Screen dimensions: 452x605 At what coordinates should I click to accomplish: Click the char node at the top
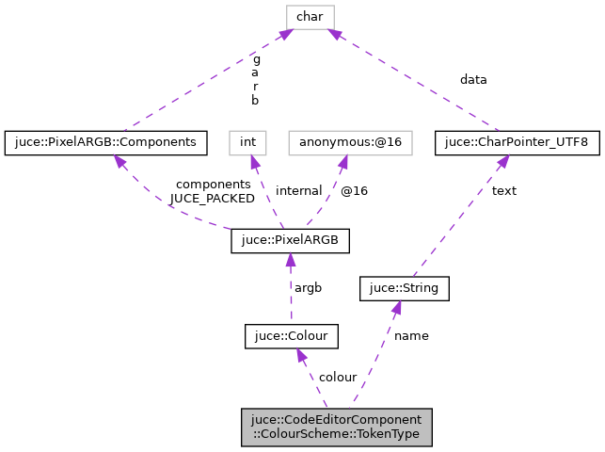pos(311,16)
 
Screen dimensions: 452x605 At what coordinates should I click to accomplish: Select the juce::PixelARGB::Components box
pos(106,142)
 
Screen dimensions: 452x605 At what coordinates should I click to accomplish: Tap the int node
pos(248,142)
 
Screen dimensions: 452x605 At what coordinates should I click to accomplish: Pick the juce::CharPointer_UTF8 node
pos(517,142)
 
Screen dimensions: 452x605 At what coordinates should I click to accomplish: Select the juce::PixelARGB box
pos(291,240)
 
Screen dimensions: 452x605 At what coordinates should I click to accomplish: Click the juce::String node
pos(405,288)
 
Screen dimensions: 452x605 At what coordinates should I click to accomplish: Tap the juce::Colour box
pos(291,335)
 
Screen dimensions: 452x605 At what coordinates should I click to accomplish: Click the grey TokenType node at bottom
pos(336,427)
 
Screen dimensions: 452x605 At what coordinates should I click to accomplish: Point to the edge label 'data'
pos(473,80)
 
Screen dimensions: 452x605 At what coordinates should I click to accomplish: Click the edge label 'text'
pos(504,191)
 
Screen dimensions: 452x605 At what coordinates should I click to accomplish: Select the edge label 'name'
pos(411,336)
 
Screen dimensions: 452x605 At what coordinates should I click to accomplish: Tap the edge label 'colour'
pos(338,378)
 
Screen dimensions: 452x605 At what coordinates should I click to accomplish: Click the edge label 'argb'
pos(309,288)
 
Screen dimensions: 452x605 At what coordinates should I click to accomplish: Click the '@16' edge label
pos(354,191)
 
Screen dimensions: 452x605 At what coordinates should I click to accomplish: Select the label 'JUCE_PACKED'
pos(212,199)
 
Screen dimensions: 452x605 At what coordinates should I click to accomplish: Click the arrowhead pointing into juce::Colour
pos(300,356)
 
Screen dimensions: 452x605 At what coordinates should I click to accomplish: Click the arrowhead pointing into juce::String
pos(398,308)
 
